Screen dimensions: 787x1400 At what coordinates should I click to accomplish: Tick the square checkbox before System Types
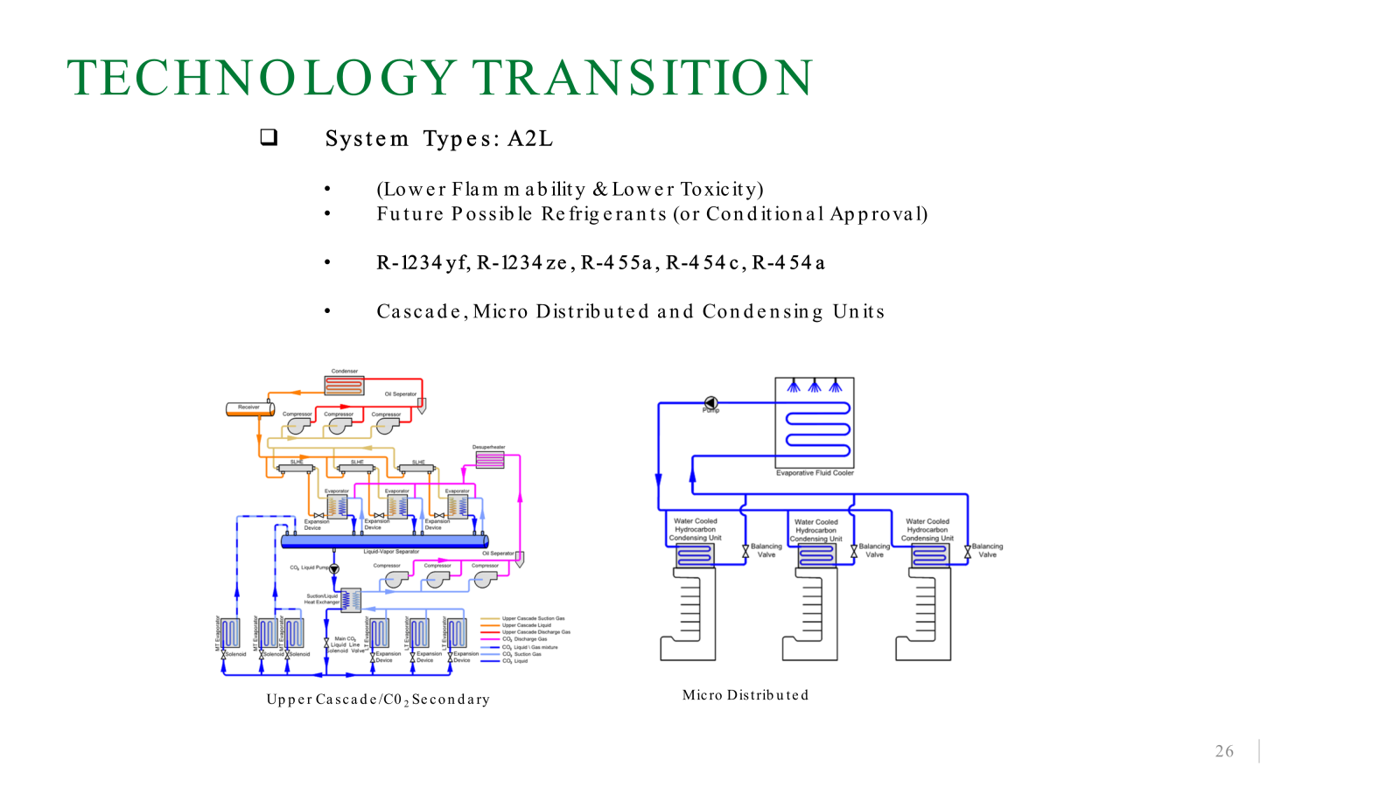click(269, 137)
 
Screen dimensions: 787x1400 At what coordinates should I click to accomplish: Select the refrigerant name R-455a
click(616, 262)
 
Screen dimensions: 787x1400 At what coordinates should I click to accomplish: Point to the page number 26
click(1224, 751)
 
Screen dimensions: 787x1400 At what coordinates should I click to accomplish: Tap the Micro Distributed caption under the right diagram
click(745, 695)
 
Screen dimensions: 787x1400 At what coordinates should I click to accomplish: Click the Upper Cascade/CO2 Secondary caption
click(378, 700)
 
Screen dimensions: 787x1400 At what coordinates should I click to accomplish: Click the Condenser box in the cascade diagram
click(344, 385)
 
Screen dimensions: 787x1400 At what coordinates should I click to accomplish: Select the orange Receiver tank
click(249, 408)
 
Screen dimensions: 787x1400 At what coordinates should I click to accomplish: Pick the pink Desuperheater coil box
click(489, 459)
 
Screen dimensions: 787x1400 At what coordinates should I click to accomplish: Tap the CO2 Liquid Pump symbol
click(334, 569)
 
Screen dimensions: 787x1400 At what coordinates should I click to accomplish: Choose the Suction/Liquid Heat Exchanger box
click(350, 600)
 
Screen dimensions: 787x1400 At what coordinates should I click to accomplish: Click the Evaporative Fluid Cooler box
click(815, 424)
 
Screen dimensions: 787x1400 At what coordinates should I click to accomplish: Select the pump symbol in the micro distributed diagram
click(710, 403)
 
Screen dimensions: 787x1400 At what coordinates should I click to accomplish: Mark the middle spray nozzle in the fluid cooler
click(815, 386)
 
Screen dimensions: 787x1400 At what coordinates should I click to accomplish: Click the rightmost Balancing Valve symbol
click(968, 552)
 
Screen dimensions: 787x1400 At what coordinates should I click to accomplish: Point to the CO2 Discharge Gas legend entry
click(524, 639)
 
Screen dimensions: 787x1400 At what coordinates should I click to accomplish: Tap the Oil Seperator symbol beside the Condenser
click(422, 405)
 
